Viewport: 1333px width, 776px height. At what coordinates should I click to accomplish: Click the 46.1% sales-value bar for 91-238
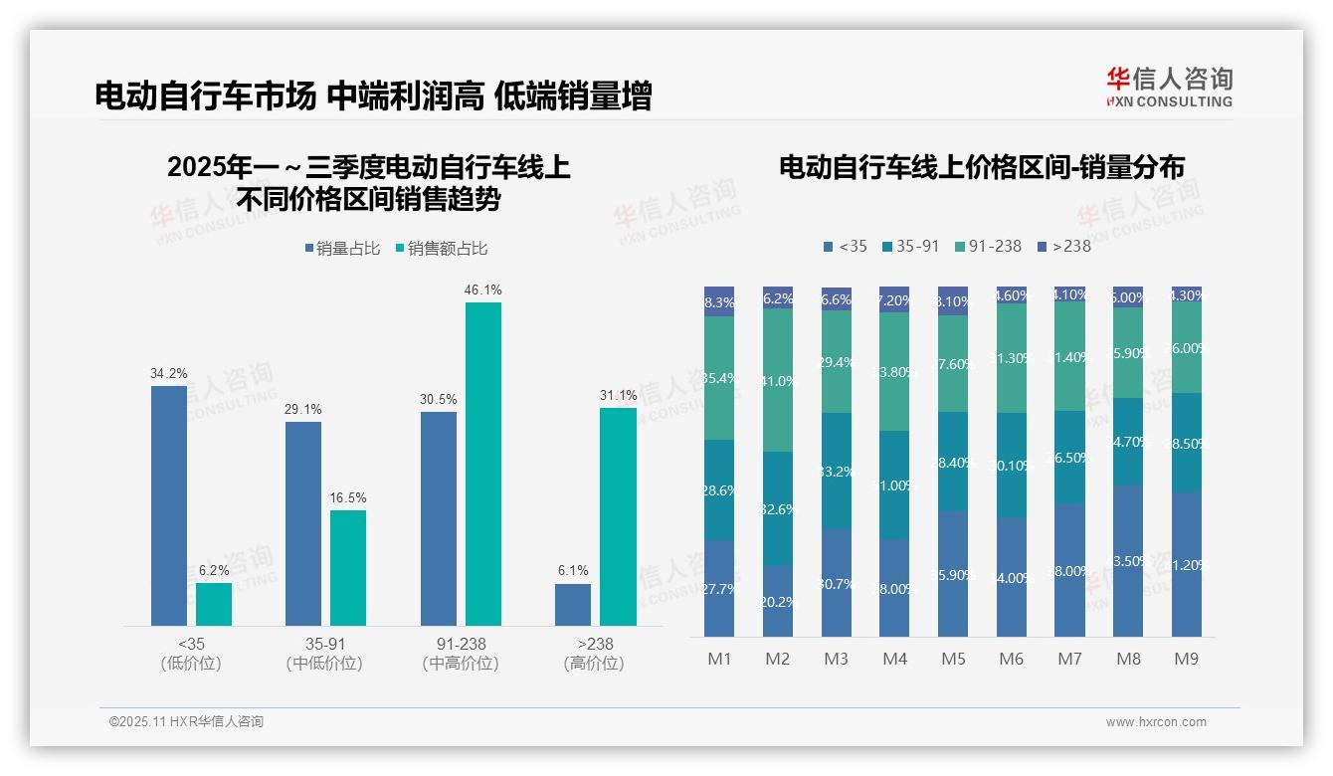[483, 464]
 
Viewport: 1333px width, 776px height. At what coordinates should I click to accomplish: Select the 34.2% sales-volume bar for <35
[169, 505]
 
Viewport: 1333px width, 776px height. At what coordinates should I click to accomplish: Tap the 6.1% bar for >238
[573, 604]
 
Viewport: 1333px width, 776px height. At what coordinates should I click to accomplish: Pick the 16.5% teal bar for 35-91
[348, 567]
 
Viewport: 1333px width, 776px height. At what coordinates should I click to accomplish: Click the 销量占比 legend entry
[342, 249]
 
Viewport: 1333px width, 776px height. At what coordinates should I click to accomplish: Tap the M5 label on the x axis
[953, 659]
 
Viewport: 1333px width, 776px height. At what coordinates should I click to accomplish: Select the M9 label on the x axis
[1186, 659]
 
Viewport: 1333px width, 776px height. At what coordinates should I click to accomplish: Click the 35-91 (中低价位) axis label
[324, 654]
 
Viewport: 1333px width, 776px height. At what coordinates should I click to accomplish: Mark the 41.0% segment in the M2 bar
[778, 380]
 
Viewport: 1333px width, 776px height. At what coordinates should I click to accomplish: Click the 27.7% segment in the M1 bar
[719, 588]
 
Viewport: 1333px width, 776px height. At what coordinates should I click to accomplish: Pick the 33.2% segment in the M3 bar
[837, 471]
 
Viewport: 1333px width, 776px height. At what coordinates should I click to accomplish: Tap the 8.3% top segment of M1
[719, 301]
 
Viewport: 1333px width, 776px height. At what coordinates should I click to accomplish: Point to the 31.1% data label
[618, 395]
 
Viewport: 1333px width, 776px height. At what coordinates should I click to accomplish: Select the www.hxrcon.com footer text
[1156, 722]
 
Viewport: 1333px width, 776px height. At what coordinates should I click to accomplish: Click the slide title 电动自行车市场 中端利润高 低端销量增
[373, 97]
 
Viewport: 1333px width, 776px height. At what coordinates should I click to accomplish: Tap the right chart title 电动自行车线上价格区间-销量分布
[982, 168]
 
